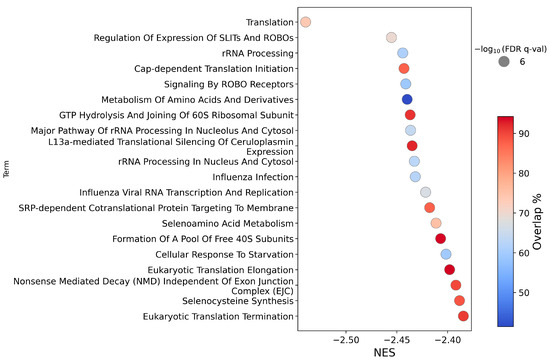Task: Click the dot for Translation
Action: [x=306, y=22]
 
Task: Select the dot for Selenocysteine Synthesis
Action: [x=459, y=300]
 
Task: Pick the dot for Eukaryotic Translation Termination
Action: [x=464, y=316]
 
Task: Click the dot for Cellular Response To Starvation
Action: [x=446, y=254]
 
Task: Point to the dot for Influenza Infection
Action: [x=415, y=177]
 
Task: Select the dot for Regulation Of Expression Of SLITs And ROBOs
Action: [x=392, y=38]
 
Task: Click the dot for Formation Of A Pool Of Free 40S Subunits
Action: [x=441, y=238]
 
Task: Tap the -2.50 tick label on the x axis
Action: [x=346, y=339]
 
